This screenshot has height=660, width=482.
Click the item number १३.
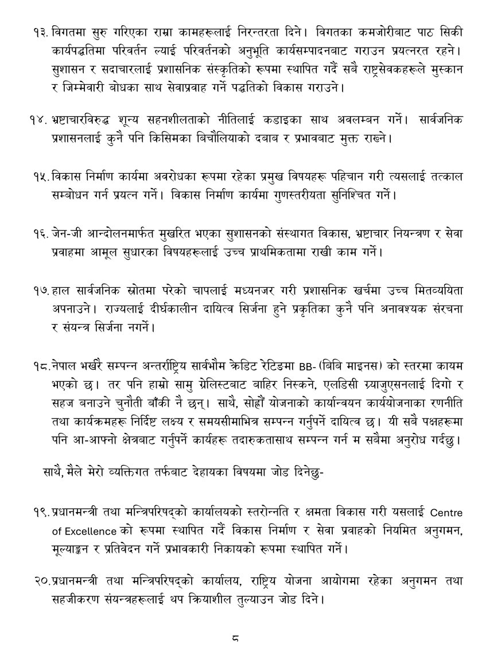(x=41, y=30)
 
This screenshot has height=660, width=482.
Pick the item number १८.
(x=41, y=365)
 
